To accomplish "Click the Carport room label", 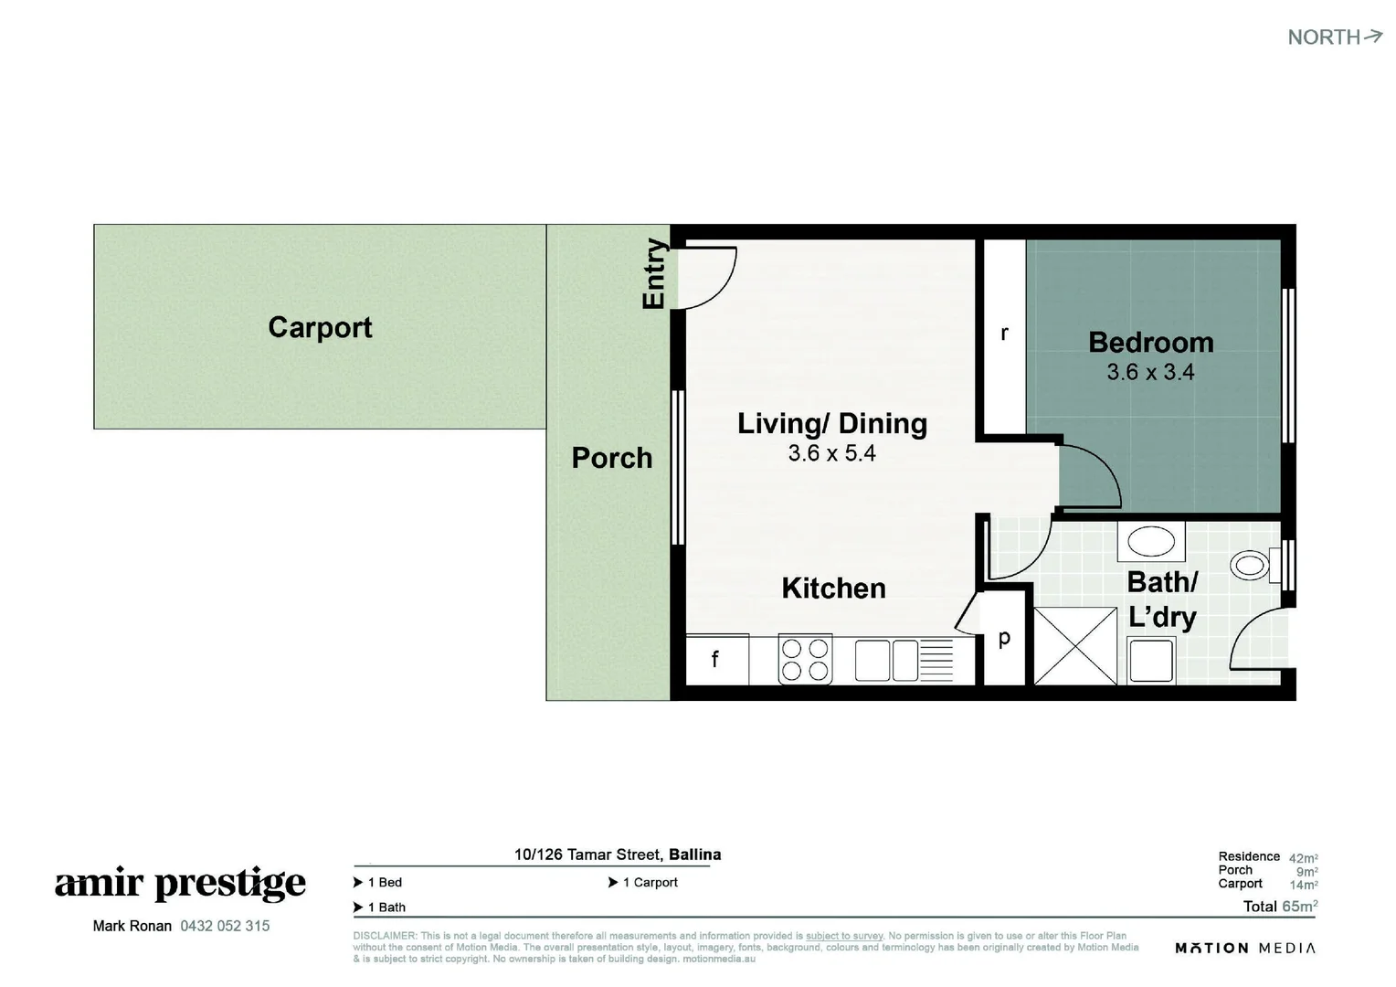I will tap(320, 327).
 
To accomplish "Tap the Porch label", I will tap(611, 458).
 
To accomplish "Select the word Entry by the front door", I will tap(654, 273).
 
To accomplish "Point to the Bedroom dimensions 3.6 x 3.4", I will tap(1150, 372).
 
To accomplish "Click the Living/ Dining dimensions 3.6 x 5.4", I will tap(831, 452).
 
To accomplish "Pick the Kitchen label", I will tap(833, 588).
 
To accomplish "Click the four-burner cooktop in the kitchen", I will tap(805, 660).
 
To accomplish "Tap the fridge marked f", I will tap(715, 658).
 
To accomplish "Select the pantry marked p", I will tap(1004, 639).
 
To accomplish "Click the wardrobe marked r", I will tap(1004, 334).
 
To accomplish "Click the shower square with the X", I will tap(1075, 645).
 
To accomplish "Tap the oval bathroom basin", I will tap(1151, 541).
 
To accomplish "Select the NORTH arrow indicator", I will tap(1335, 37).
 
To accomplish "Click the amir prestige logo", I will tap(180, 884).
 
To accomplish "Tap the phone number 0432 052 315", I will tap(225, 926).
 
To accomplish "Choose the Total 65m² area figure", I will tap(1280, 907).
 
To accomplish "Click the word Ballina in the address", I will tap(694, 854).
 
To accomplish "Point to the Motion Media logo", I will tap(1245, 948).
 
